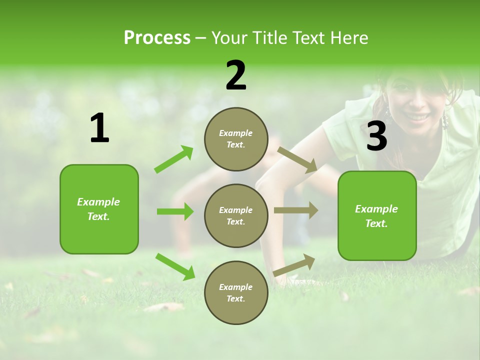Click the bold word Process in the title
(157, 38)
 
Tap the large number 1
(99, 128)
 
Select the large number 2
(236, 75)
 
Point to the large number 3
(376, 136)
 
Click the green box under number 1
(99, 209)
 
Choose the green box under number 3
(377, 216)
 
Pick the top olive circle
(236, 139)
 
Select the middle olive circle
(236, 216)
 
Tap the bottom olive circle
(236, 293)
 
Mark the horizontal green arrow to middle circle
(175, 211)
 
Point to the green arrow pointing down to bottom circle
(175, 266)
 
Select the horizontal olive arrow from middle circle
(296, 210)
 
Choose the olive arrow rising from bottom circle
(294, 265)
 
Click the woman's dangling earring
(444, 121)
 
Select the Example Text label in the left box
(98, 209)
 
